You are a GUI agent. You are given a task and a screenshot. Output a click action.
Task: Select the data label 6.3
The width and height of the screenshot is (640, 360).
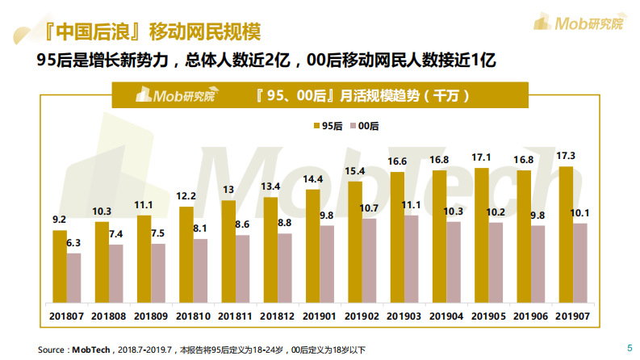[73, 242]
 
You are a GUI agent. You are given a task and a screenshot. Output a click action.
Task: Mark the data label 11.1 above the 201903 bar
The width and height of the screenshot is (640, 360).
[412, 205]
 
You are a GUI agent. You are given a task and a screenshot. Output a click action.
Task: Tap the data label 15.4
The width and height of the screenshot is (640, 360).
[355, 170]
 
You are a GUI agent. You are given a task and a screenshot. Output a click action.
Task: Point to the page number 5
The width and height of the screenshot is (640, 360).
[629, 348]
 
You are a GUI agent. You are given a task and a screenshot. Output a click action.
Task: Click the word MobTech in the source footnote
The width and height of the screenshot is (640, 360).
[90, 350]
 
